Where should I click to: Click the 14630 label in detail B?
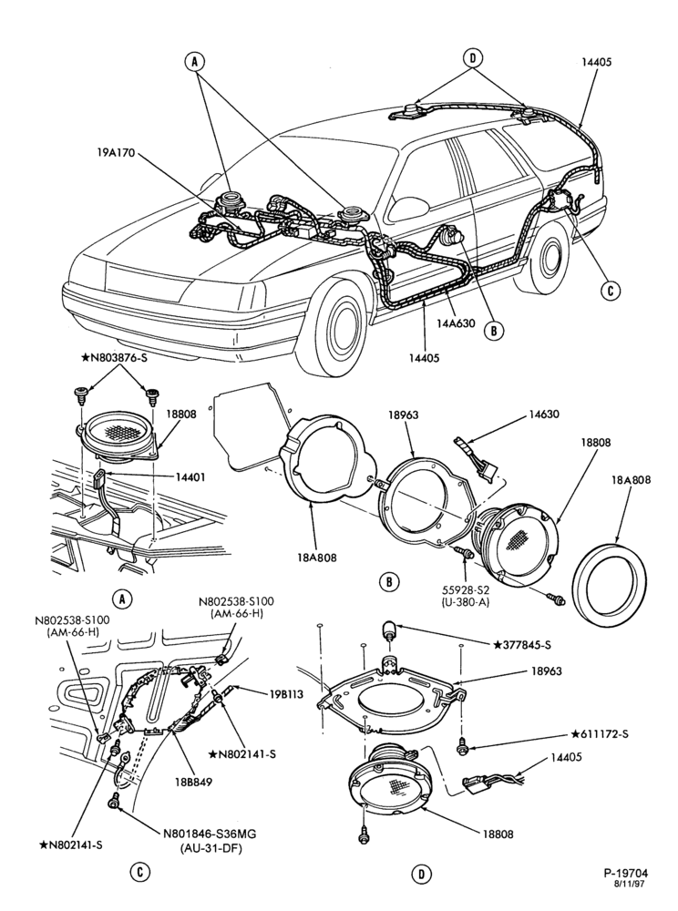[544, 415]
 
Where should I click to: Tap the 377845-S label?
[522, 645]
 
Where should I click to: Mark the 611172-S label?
[601, 733]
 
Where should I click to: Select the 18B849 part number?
[196, 782]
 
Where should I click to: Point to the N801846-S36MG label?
[211, 834]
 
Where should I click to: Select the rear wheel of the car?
[547, 255]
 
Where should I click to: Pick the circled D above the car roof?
[472, 57]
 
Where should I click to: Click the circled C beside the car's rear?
[611, 290]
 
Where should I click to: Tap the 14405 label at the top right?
[597, 63]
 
